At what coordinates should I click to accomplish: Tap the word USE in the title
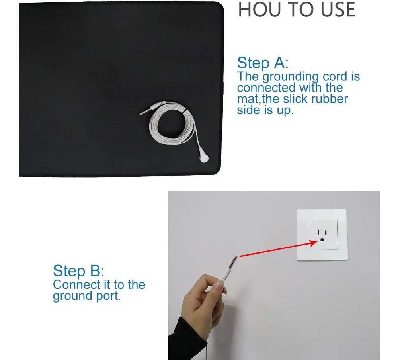click(338, 10)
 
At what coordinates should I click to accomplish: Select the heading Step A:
click(263, 63)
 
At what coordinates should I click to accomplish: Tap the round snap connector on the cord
click(203, 158)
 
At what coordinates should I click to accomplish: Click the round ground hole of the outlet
click(322, 239)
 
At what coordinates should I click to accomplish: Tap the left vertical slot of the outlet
click(318, 233)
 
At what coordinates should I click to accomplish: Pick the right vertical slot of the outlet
click(326, 232)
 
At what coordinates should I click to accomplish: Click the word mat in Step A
click(248, 99)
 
